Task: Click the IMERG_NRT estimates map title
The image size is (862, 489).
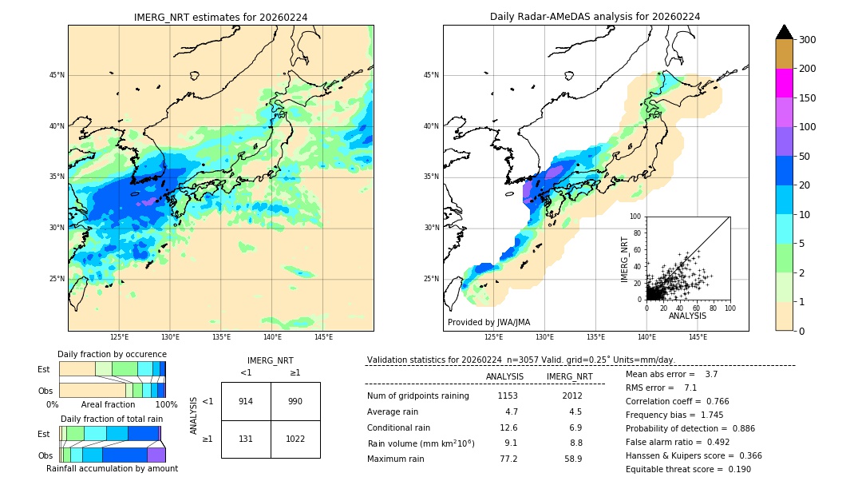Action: tap(220, 17)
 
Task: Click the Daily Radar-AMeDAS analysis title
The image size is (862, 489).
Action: tap(595, 17)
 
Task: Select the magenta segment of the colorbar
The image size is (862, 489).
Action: tap(784, 83)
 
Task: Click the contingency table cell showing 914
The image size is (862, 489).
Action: tap(246, 401)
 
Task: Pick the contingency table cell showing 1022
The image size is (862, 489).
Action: tap(295, 439)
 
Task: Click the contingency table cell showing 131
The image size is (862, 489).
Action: tap(246, 439)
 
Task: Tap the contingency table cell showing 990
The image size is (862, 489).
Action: tap(295, 401)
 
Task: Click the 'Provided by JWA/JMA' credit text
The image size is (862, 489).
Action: tap(488, 323)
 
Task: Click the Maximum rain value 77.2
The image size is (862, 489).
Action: tap(508, 459)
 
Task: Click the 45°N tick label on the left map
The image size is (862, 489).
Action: tap(57, 75)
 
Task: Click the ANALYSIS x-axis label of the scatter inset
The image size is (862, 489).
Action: tap(687, 316)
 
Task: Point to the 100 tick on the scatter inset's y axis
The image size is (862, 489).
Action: tap(636, 217)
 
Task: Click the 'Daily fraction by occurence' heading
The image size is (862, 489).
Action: tap(112, 355)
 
